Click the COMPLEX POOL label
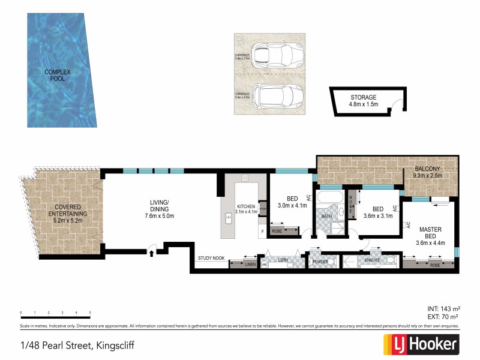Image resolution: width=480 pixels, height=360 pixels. click(57, 76)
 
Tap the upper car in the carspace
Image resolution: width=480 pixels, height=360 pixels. click(272, 55)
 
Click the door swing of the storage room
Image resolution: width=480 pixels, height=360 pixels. click(392, 110)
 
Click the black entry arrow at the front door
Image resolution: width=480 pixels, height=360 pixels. click(151, 253)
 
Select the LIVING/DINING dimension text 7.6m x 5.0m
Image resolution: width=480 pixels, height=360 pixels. click(159, 216)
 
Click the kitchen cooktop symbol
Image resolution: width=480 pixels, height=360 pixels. click(245, 178)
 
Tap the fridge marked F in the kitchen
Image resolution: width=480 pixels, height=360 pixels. click(262, 230)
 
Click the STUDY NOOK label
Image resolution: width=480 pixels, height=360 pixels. click(211, 258)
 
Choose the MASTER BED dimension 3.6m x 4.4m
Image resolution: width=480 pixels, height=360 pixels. click(430, 243)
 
